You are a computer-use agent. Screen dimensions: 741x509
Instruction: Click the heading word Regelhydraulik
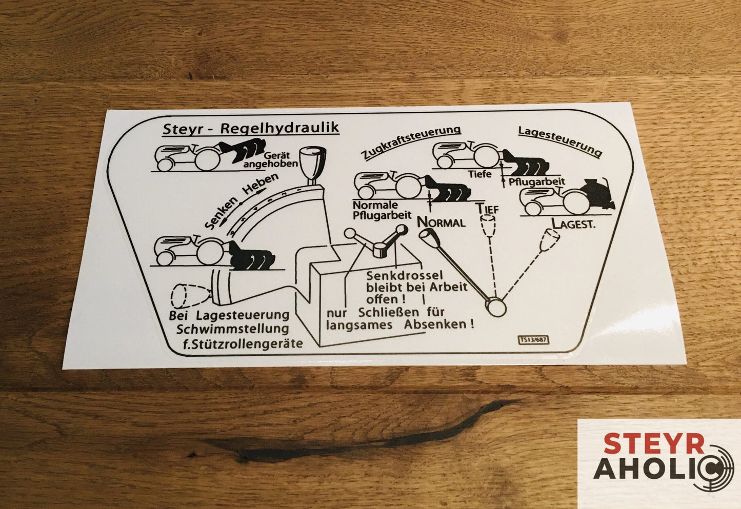click(x=280, y=128)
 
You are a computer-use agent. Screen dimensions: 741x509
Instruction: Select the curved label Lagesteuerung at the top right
click(x=559, y=141)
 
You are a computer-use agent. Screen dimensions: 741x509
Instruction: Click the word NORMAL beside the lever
click(x=441, y=221)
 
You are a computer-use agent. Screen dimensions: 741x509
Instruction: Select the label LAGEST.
click(x=573, y=224)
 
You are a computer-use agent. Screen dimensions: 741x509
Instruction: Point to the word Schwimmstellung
click(x=232, y=329)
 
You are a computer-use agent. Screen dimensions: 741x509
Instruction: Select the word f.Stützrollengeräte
click(x=243, y=343)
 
